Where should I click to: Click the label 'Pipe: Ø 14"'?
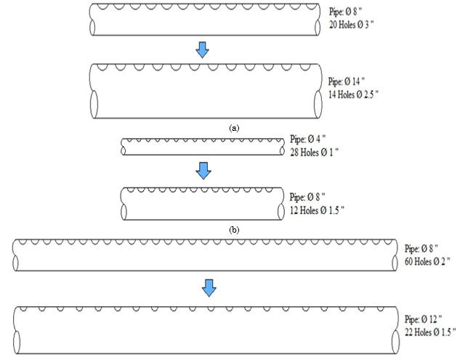tap(348, 81)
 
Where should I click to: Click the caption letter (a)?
tap(234, 127)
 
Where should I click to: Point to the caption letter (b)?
tap(234, 229)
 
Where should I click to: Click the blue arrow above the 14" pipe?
tap(203, 49)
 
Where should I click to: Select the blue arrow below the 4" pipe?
tap(204, 170)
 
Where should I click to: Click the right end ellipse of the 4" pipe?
tap(283, 148)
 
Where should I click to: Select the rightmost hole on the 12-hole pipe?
tap(275, 191)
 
